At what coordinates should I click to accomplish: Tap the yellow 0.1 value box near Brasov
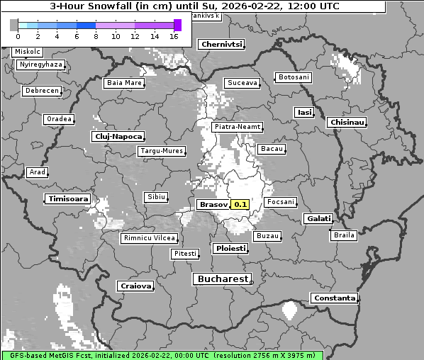240,204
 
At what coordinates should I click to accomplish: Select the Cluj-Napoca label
118,136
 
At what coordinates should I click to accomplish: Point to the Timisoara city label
68,199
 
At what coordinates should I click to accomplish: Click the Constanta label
334,298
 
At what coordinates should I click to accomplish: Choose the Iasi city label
303,112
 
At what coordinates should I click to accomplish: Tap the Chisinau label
347,123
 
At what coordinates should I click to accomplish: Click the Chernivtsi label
221,44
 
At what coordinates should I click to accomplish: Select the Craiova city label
135,286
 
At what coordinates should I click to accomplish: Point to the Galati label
318,219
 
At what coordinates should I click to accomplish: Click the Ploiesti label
230,249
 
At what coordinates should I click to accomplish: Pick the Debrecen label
41,91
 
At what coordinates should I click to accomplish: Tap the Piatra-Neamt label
238,127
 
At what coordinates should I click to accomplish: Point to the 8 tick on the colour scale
95,35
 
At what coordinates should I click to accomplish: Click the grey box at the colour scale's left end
14,25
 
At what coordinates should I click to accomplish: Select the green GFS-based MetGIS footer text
162,354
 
